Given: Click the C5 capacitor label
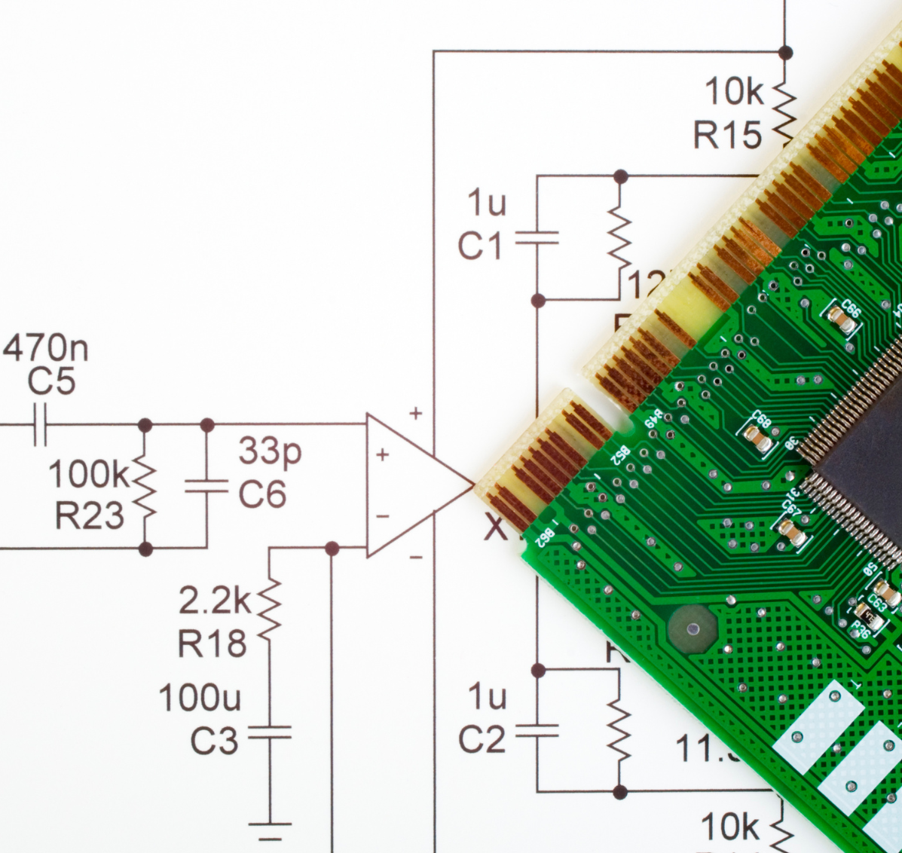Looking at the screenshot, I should coord(51,381).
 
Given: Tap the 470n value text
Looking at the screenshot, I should coord(46,348).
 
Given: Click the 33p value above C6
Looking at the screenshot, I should coord(270,451).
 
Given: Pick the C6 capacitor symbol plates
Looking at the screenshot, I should coord(206,487).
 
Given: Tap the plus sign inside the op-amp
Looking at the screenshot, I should coord(382,454).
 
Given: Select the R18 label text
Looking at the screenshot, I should coord(212,644).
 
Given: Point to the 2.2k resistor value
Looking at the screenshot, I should coord(215,601).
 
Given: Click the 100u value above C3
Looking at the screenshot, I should coord(200,699).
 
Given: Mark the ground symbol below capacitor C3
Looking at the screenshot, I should coord(269,830).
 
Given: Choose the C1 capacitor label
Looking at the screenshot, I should coord(479,246).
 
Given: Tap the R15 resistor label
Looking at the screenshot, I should coord(727,136).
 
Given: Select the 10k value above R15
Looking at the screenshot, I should coord(734,92).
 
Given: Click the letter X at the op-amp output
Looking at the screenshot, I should coord(495,528).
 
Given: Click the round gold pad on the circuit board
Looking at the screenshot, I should coord(693,628).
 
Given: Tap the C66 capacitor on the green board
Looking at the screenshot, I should coord(842,319).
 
